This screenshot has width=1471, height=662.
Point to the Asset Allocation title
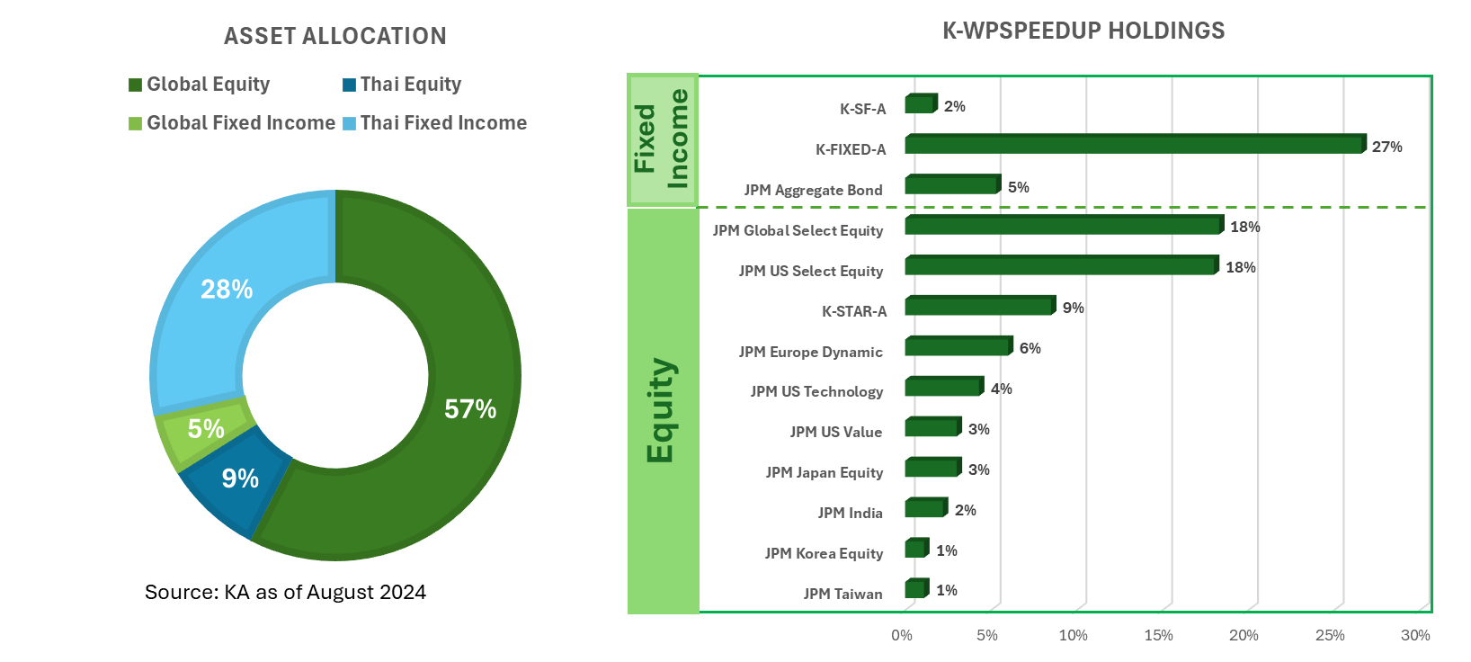pyautogui.click(x=334, y=36)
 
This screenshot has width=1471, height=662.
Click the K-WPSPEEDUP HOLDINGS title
pyautogui.click(x=1083, y=31)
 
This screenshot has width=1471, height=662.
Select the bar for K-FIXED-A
pyautogui.click(x=1133, y=145)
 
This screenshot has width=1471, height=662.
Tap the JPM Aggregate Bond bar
pyautogui.click(x=950, y=185)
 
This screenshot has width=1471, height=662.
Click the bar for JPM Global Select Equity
pyautogui.click(x=1062, y=226)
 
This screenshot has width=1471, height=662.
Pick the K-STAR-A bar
pyautogui.click(x=977, y=307)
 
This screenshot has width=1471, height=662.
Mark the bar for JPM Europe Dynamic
pyautogui.click(x=957, y=347)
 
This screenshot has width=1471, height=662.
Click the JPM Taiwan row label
pyautogui.click(x=842, y=594)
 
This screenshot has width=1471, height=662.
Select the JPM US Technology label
pyautogui.click(x=816, y=391)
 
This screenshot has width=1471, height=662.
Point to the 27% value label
pyautogui.click(x=1386, y=147)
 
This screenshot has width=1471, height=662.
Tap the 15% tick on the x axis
pyautogui.click(x=1158, y=635)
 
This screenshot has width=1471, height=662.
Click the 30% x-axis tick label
pyautogui.click(x=1415, y=635)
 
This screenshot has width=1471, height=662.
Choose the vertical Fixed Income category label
pyautogui.click(x=662, y=139)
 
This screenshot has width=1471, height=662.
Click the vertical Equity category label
pyautogui.click(x=661, y=410)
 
